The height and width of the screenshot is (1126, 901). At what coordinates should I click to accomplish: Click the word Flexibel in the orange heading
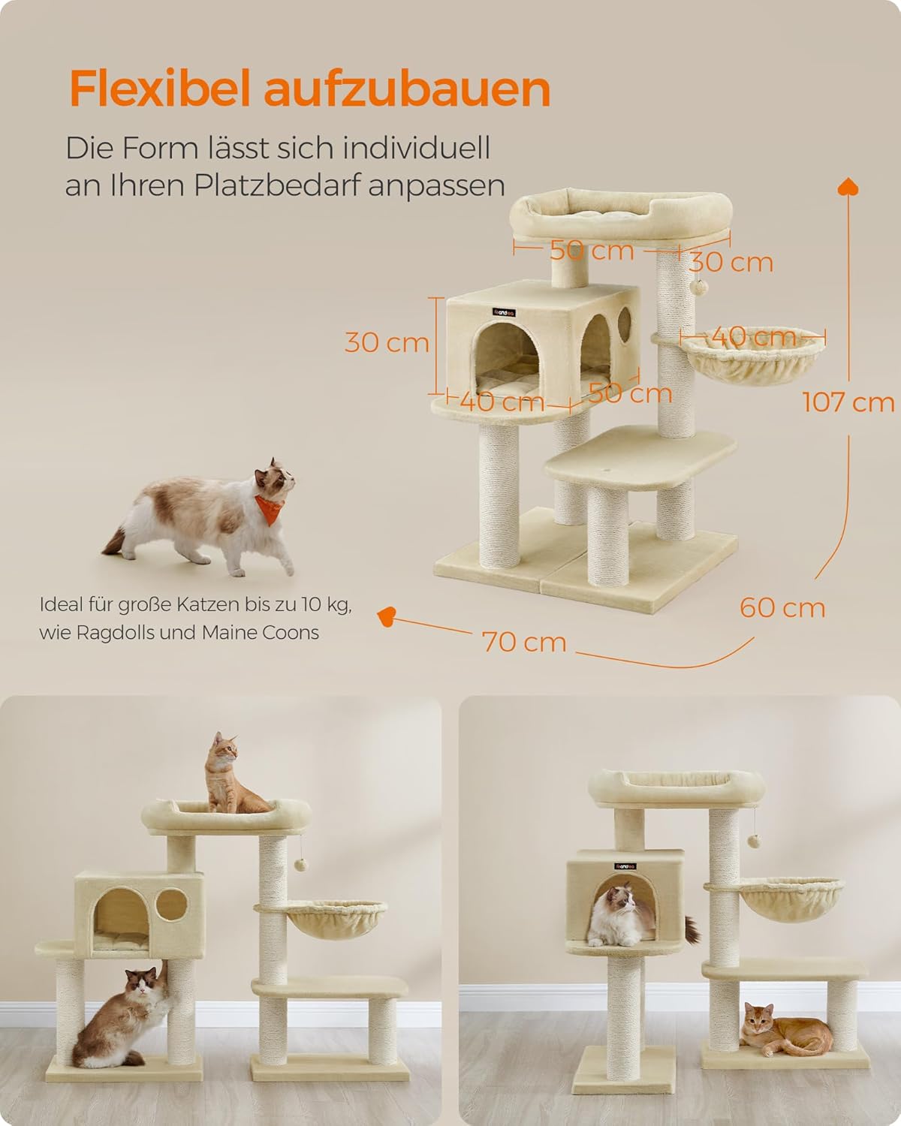point(159,89)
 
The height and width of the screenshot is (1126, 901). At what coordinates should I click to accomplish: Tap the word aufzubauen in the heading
point(407,89)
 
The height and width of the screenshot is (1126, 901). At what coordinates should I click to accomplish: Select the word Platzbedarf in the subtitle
point(278,185)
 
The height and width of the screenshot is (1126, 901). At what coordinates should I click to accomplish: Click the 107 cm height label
point(848,402)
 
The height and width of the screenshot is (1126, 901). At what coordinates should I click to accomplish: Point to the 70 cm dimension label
point(524,642)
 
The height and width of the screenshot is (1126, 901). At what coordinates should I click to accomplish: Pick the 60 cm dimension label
point(782,607)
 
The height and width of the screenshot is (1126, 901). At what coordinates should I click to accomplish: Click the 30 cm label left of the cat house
point(387,343)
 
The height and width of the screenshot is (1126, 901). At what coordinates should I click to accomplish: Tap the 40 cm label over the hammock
point(754,336)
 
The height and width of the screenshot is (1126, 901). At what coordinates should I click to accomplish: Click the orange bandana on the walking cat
point(269,508)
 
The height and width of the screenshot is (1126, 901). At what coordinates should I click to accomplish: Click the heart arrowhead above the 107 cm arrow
point(848,187)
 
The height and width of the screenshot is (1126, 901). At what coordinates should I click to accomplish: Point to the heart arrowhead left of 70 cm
point(387,616)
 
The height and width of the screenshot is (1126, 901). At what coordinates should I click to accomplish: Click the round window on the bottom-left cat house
point(171,905)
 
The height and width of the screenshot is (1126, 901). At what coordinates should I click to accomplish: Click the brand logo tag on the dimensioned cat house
point(504,312)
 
